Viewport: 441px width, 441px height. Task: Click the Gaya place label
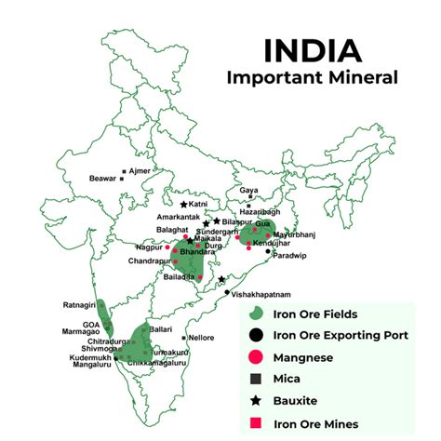point(248,191)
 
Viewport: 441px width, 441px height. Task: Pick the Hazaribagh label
point(261,211)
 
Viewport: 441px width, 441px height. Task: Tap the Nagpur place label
point(149,248)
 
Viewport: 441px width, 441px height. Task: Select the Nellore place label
point(202,338)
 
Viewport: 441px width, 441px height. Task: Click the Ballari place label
point(162,329)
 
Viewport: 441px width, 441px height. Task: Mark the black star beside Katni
point(184,204)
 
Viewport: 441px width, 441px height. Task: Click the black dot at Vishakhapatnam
point(227,292)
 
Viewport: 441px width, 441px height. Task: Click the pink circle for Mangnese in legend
point(254,357)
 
